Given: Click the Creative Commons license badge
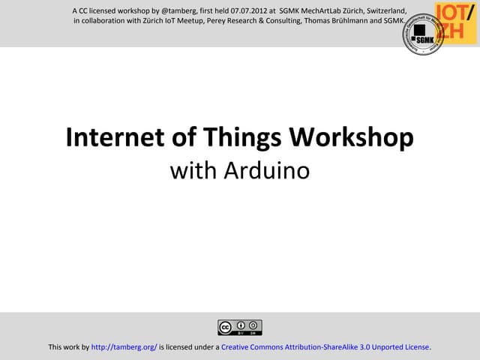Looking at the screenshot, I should pos(240,327).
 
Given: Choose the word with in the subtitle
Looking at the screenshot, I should pos(187,171).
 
